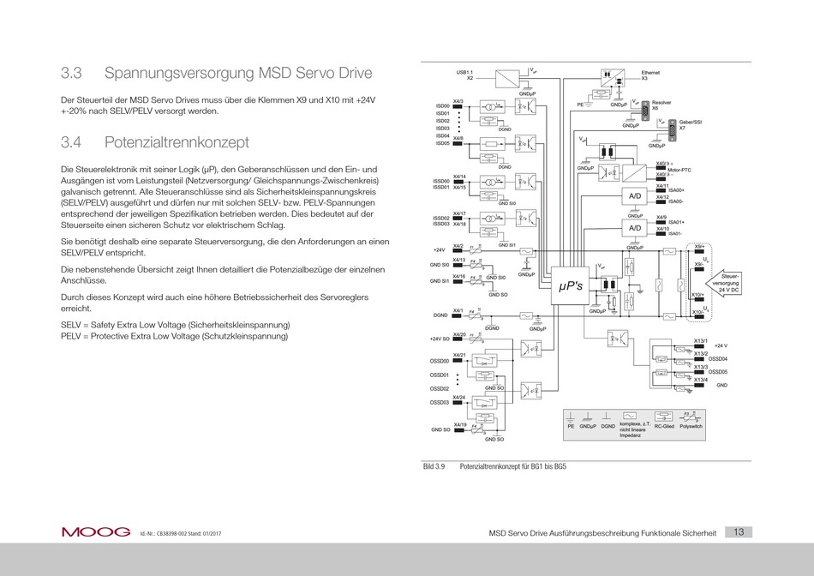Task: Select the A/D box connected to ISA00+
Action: coord(635,196)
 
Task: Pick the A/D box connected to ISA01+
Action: coord(635,229)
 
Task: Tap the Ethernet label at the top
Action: coord(652,75)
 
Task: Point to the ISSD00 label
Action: coord(442,180)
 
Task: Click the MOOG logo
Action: coord(95,531)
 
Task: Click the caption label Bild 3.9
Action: coord(435,467)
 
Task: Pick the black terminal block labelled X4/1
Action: coord(459,316)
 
